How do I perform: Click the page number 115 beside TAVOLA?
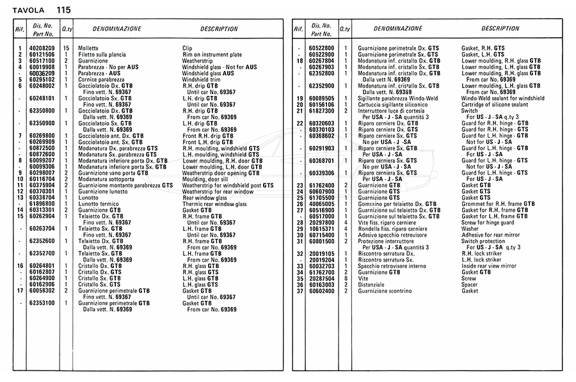pyautogui.click(x=63, y=10)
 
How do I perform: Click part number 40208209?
pyautogui.click(x=42, y=49)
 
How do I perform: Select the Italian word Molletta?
pyautogui.click(x=89, y=49)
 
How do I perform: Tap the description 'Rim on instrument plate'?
pyautogui.click(x=212, y=55)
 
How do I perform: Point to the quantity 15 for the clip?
pyautogui.click(x=66, y=49)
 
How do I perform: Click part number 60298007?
pyautogui.click(x=42, y=172)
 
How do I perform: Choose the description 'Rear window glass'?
pyautogui.click(x=205, y=196)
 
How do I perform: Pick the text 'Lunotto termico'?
pyautogui.click(x=97, y=203)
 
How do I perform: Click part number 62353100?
pyautogui.click(x=42, y=303)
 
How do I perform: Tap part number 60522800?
pyautogui.click(x=322, y=49)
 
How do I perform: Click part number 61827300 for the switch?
pyautogui.click(x=322, y=110)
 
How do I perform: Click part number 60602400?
pyautogui.click(x=322, y=290)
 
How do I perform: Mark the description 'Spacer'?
pyautogui.click(x=470, y=284)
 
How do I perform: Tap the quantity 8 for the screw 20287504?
pyautogui.click(x=346, y=278)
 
